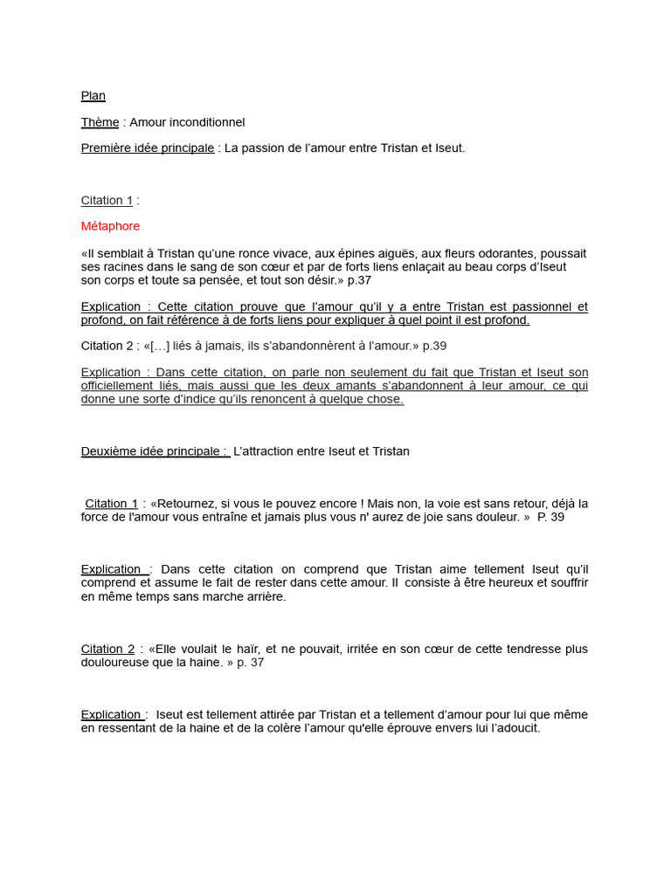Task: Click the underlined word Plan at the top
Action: [93, 96]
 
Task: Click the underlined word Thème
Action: [100, 122]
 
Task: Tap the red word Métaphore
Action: [110, 226]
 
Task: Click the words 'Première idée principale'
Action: [147, 148]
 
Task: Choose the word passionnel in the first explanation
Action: [533, 307]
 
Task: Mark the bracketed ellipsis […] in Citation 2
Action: [161, 346]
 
